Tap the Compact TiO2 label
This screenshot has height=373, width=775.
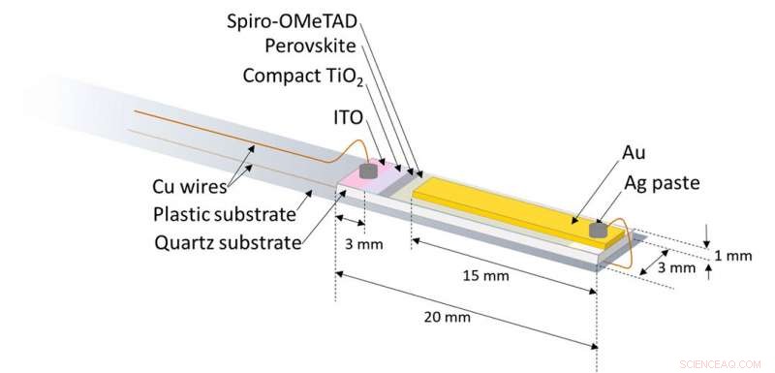(304, 74)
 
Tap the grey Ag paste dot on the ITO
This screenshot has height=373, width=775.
(369, 171)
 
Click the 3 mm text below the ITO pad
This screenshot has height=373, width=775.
(366, 244)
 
